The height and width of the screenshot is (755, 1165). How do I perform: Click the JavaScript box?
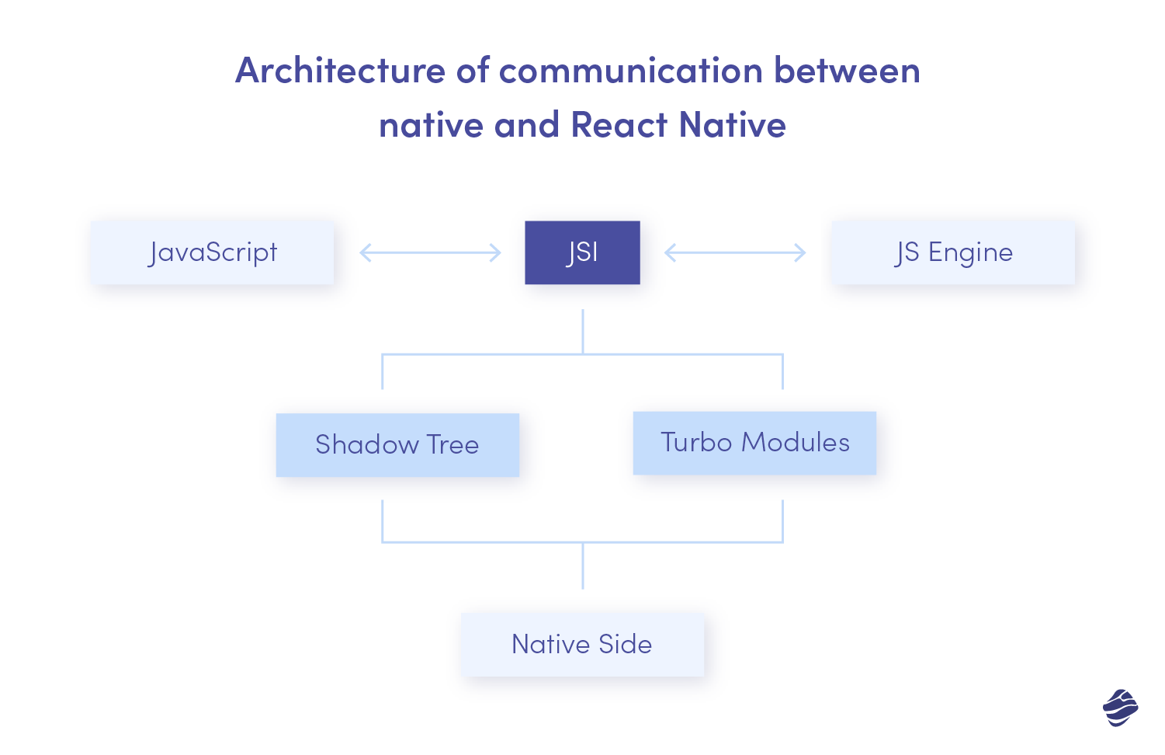click(x=212, y=252)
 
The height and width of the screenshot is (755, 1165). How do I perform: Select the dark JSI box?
click(x=582, y=252)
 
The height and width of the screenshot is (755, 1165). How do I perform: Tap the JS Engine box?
click(x=953, y=252)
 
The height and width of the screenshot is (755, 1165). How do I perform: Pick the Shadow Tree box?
click(x=397, y=444)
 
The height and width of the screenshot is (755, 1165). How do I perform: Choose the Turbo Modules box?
click(x=754, y=443)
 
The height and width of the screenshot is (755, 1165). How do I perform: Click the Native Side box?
click(x=582, y=644)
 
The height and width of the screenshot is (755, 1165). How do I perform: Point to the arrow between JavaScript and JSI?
click(x=430, y=252)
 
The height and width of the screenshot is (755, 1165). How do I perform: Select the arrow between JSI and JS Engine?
click(x=735, y=252)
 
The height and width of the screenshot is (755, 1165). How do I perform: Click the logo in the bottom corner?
click(x=1120, y=708)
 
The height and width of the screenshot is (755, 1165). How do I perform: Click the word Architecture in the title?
click(x=340, y=71)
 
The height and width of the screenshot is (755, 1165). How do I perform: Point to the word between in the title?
click(x=847, y=71)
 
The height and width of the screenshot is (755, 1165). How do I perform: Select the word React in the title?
click(x=619, y=125)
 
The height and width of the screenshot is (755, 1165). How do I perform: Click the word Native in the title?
click(x=732, y=125)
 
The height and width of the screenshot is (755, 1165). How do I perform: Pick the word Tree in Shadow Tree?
click(x=452, y=444)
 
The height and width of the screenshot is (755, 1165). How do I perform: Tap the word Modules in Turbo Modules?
click(x=796, y=443)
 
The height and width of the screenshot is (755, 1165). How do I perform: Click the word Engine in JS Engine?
click(x=970, y=253)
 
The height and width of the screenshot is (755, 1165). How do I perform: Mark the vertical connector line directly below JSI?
click(x=582, y=332)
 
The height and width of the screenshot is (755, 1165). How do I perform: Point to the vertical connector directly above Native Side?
click(x=582, y=565)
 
